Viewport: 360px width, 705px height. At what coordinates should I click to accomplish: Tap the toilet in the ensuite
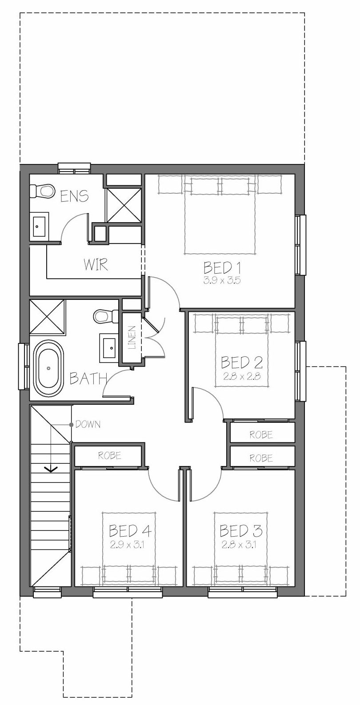tap(41, 191)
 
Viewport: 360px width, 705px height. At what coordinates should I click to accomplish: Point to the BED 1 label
tap(222, 268)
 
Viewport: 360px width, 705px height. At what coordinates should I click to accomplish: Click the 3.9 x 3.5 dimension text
tap(222, 280)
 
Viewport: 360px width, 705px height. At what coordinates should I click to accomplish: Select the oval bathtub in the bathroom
tap(48, 368)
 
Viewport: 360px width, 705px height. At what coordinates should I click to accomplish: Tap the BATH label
tap(88, 378)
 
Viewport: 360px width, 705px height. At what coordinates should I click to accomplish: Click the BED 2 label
tap(242, 362)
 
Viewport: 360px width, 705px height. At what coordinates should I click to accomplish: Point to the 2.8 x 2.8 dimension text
tap(242, 376)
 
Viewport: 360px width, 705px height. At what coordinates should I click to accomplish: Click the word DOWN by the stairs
tap(88, 425)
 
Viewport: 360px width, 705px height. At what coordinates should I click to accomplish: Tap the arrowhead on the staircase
tap(52, 469)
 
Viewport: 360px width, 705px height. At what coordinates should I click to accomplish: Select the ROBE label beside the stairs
tap(109, 455)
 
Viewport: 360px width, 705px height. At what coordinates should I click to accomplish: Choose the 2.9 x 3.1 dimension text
tap(127, 545)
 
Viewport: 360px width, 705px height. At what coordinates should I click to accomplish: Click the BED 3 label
tap(241, 531)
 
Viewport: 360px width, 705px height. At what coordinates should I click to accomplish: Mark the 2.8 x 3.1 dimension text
tap(239, 545)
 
